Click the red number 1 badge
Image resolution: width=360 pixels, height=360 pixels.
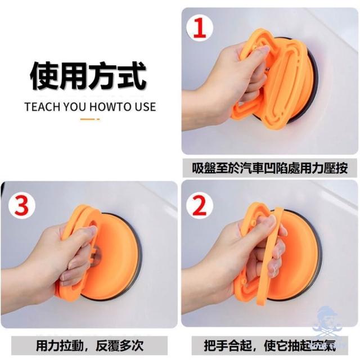point(200,28)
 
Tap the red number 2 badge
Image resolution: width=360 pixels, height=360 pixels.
point(199,205)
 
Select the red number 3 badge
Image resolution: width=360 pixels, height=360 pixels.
point(21,205)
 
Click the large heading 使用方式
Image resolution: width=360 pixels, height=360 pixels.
point(88,76)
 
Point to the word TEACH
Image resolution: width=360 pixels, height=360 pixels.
point(42,107)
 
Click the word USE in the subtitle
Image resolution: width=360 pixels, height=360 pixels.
point(145,107)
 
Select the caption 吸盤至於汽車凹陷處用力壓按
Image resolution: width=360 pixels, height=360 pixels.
point(269,168)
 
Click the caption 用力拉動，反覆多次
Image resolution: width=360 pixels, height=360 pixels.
point(90,345)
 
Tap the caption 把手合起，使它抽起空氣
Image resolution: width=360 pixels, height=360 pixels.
point(269,345)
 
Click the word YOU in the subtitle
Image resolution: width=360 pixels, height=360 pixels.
point(74,107)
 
